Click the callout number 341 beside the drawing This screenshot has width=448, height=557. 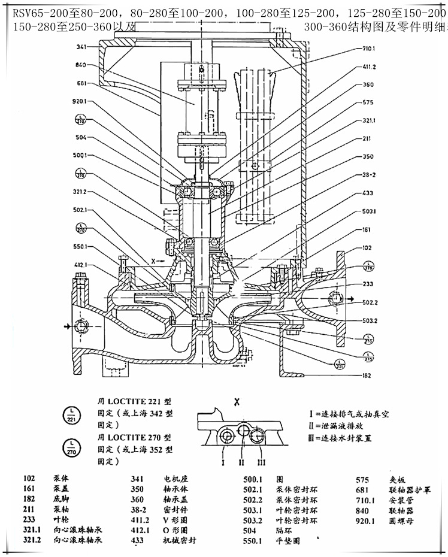82,47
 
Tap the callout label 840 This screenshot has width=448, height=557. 82,65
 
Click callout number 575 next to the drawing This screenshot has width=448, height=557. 368,102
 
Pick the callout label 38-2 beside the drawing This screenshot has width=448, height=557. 368,176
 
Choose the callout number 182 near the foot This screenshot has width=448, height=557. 367,376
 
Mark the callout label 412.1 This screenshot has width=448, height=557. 82,265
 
